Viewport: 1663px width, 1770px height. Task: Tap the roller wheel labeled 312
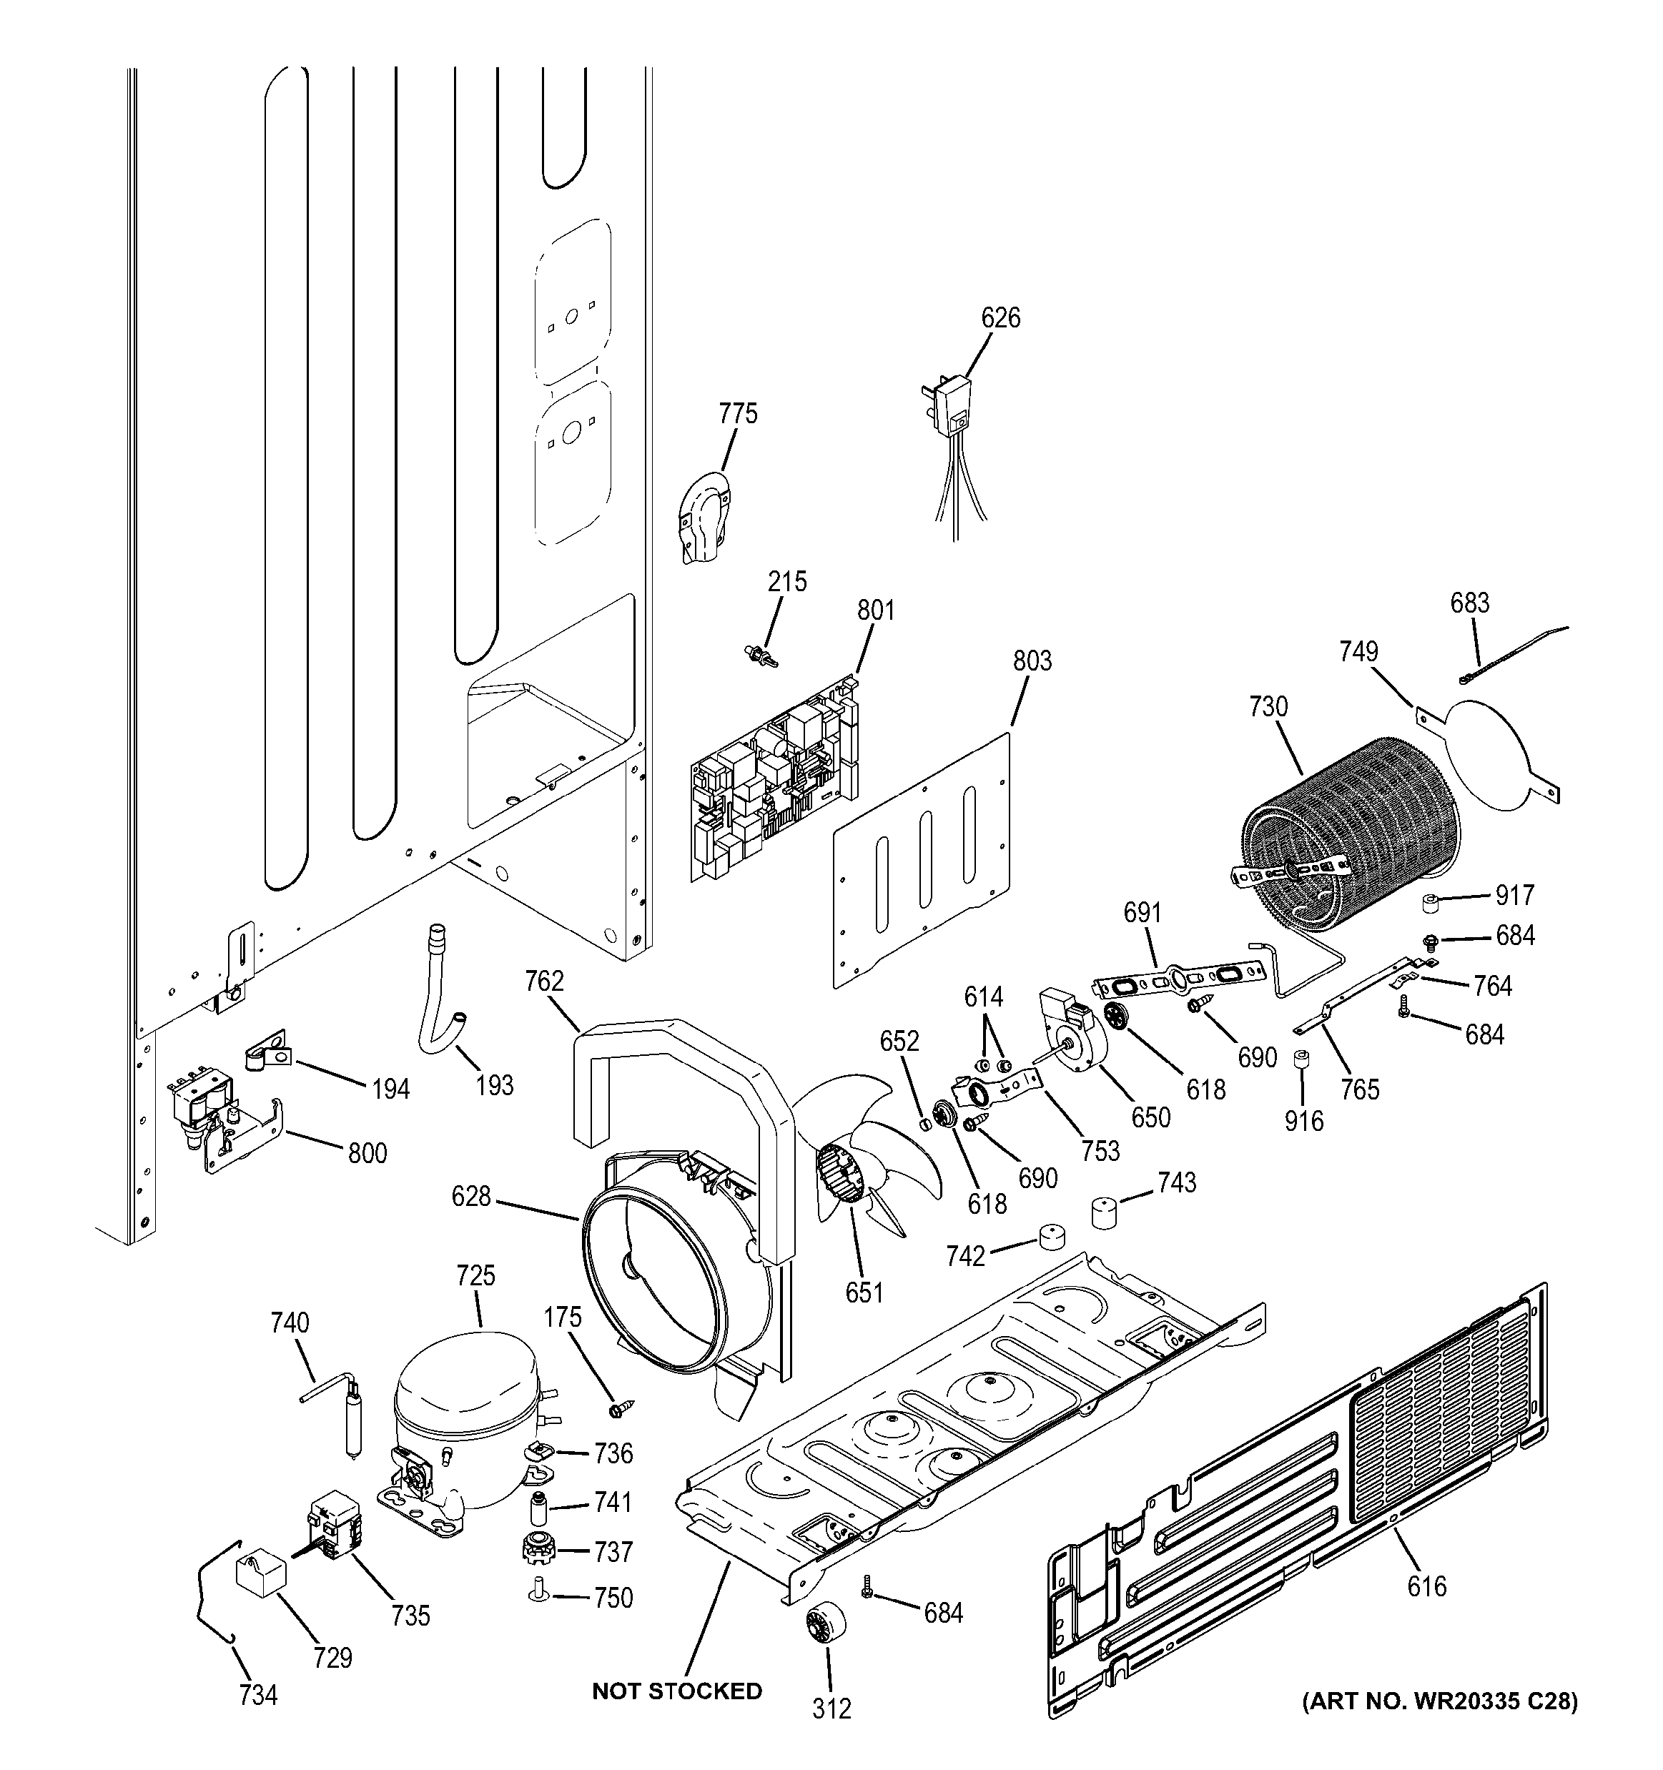[x=825, y=1629]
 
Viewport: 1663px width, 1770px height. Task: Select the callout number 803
[x=1031, y=661]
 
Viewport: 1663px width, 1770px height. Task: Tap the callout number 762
[x=544, y=982]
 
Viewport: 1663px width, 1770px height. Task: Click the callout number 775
[x=737, y=414]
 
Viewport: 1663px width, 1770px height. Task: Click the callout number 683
[x=1469, y=603]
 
